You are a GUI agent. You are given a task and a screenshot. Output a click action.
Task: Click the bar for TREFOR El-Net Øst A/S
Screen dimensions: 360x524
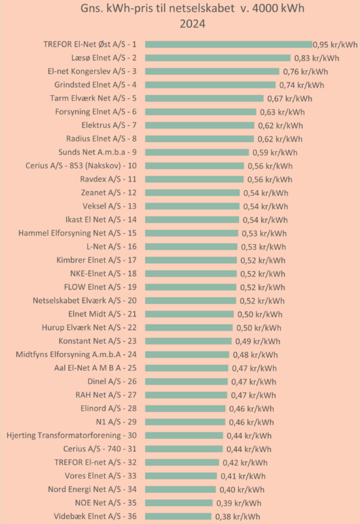pyautogui.click(x=228, y=45)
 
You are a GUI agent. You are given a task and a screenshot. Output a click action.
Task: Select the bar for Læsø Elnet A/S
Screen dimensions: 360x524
pyautogui.click(x=218, y=58)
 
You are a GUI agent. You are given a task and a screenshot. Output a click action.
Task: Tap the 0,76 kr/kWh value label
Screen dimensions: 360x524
pyautogui.click(x=306, y=71)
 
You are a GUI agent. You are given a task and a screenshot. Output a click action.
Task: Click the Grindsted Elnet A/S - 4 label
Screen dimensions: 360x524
pyautogui.click(x=96, y=85)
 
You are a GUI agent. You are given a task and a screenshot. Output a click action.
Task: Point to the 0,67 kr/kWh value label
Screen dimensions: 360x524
pyautogui.click(x=289, y=99)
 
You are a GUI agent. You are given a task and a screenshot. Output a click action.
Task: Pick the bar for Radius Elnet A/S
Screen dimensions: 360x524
pyautogui.click(x=200, y=139)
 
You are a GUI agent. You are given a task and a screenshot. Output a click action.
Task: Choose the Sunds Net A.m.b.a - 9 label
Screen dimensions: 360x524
pyautogui.click(x=98, y=153)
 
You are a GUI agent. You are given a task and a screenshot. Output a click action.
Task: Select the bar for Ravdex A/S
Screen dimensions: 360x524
pyautogui.click(x=194, y=179)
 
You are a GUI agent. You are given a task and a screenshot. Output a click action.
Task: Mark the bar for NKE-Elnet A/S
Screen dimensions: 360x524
pyautogui.click(x=191, y=274)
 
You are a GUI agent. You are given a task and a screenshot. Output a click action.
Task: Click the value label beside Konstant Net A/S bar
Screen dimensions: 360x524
pyautogui.click(x=258, y=341)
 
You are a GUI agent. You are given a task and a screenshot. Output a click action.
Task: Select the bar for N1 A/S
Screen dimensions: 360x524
pyautogui.click(x=185, y=422)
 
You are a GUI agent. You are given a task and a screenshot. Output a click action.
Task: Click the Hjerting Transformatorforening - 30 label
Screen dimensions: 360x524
pyautogui.click(x=71, y=436)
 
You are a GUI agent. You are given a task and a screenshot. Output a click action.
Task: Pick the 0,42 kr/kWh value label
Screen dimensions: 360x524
pyautogui.click(x=245, y=462)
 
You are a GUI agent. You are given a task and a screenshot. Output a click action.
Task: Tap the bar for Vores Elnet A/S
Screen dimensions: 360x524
pyautogui.click(x=181, y=476)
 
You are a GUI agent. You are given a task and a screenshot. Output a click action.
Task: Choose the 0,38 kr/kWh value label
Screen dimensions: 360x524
pyautogui.click(x=238, y=517)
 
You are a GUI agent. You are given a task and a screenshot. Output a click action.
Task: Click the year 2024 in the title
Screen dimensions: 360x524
pyautogui.click(x=192, y=24)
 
